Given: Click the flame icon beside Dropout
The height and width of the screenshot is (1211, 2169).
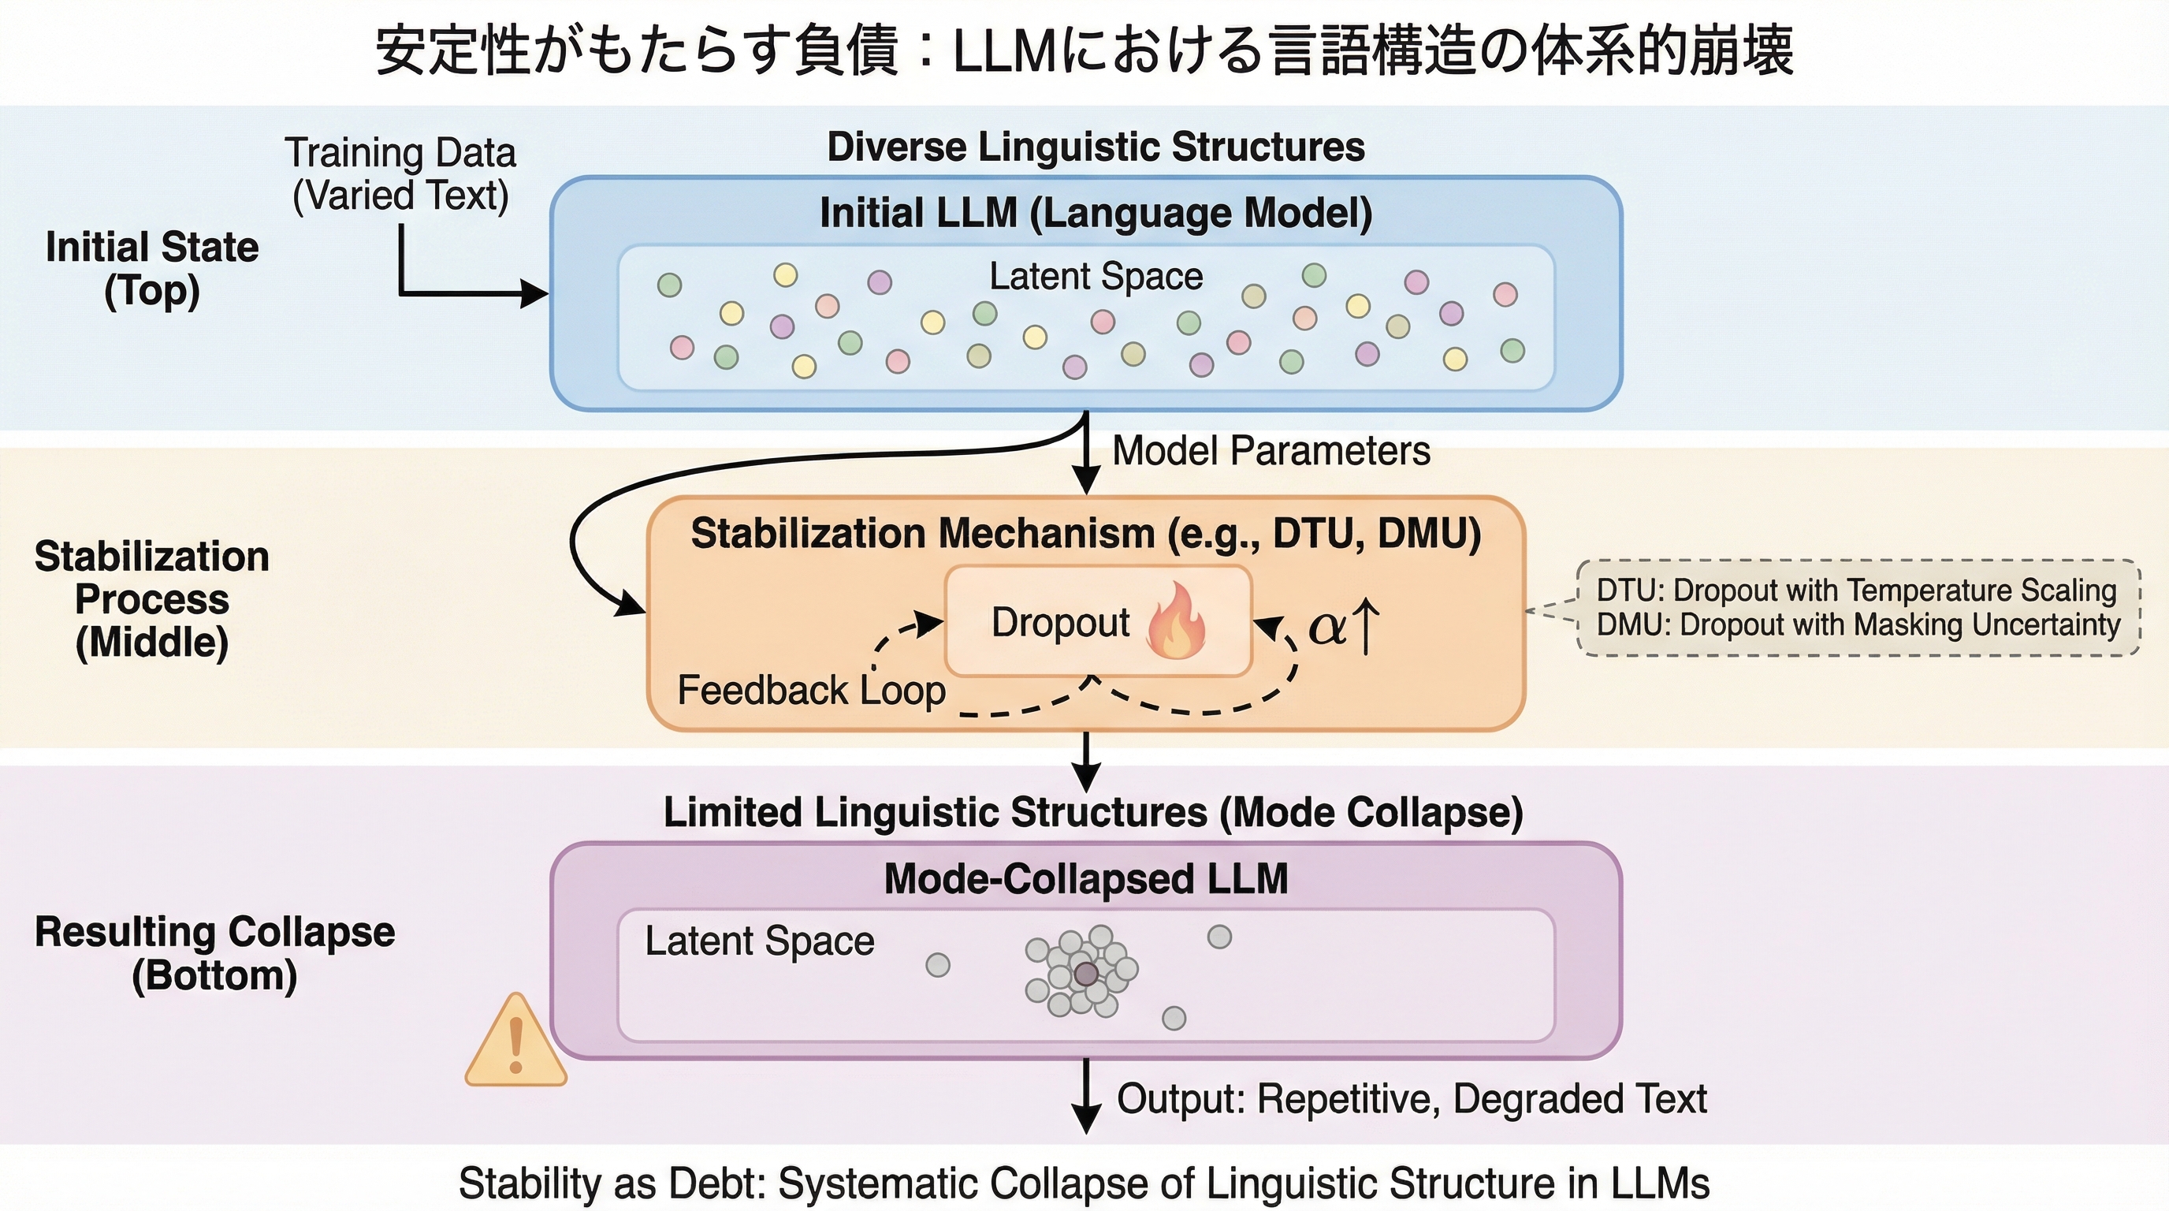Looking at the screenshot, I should tap(1176, 621).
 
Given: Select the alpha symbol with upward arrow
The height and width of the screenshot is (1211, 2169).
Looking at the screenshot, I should tap(1345, 626).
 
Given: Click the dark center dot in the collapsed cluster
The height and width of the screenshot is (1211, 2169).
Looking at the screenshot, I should tap(1086, 974).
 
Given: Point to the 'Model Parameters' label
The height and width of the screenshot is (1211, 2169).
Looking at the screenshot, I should tap(1271, 450).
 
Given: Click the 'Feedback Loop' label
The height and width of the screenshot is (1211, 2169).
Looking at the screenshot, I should tap(812, 691).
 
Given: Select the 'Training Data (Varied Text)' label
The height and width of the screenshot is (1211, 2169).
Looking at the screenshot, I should tap(401, 174).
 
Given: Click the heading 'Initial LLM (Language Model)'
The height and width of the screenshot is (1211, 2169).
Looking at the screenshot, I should tap(1096, 213).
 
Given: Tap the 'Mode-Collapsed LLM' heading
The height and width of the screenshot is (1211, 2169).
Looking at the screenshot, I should tap(1086, 879).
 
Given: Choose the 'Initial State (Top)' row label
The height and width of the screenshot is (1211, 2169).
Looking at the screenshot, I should tap(152, 269).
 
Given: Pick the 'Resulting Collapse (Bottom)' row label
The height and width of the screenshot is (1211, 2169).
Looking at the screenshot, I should tap(214, 953).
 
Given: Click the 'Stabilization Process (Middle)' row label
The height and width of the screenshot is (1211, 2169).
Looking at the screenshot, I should tap(152, 598).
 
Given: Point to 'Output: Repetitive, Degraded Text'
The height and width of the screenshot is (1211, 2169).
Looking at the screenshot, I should tap(1412, 1099).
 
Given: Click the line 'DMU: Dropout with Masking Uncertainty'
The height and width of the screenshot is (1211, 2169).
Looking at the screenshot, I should tap(1858, 625).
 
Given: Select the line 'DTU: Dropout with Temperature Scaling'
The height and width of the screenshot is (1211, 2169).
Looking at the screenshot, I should tap(1857, 591).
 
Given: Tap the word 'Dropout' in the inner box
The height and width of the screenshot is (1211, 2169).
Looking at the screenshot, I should tap(1060, 622).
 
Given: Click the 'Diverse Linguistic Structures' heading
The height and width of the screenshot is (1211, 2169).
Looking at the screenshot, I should tap(1096, 147).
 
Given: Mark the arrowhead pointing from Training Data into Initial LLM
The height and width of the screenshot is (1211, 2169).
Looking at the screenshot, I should tap(535, 294).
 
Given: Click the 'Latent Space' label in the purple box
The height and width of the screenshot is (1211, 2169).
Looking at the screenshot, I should tap(760, 941).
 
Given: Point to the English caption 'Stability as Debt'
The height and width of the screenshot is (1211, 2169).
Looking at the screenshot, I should tap(1084, 1183).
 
